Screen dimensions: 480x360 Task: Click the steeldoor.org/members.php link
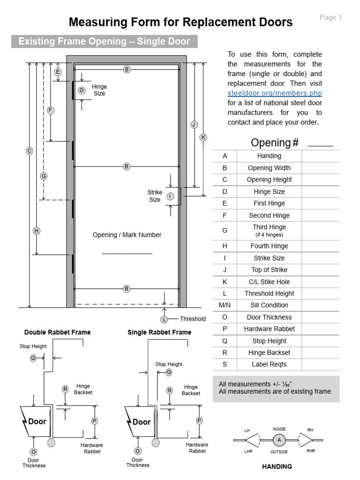point(275,93)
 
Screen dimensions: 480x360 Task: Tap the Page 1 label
point(330,17)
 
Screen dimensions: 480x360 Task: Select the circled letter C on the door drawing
point(29,151)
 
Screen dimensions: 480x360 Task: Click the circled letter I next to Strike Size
point(170,196)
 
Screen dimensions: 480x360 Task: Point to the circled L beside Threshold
point(164,320)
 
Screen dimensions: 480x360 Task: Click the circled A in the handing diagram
point(279,440)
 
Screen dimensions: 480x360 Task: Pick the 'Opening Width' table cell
point(269,168)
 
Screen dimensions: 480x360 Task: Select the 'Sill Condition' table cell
point(269,305)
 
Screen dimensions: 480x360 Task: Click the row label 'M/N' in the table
point(225,305)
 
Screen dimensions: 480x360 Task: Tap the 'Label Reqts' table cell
point(269,364)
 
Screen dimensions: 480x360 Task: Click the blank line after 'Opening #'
point(320,145)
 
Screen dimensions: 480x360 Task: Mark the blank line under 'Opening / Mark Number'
point(127,254)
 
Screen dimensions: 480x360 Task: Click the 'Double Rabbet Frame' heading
point(58,332)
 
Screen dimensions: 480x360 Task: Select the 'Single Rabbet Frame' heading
point(159,332)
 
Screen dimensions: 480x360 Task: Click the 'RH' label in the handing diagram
point(310,430)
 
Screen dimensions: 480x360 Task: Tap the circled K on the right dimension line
point(203,137)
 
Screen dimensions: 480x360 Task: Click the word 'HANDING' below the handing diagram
point(277,466)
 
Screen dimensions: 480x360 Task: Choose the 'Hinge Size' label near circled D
point(99,90)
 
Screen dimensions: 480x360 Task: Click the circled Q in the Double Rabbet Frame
point(33,358)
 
